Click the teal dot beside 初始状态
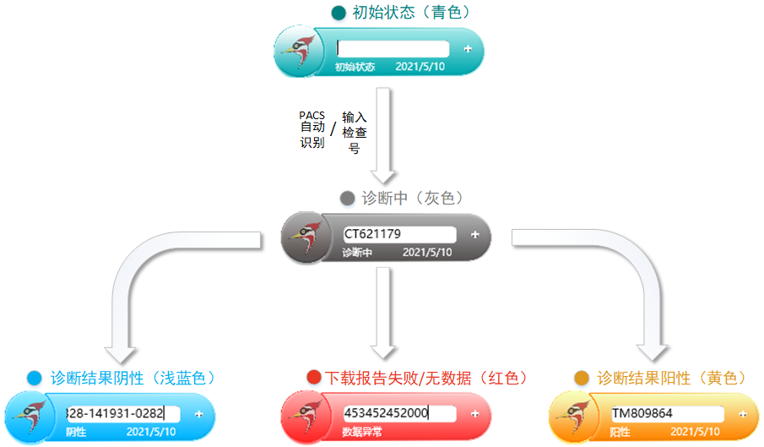pyautogui.click(x=339, y=13)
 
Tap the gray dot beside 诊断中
pyautogui.click(x=347, y=199)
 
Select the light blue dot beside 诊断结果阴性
pyautogui.click(x=34, y=378)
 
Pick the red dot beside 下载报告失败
pyautogui.click(x=314, y=378)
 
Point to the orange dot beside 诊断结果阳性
pyautogui.click(x=581, y=378)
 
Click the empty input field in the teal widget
pyautogui.click(x=393, y=49)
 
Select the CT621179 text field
pyautogui.click(x=398, y=234)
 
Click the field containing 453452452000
pyautogui.click(x=399, y=413)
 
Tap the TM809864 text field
pyautogui.click(x=667, y=414)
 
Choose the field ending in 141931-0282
pyautogui.click(x=123, y=413)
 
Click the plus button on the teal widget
pyautogui.click(x=468, y=49)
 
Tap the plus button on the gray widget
pyautogui.click(x=474, y=234)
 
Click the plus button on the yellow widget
pyautogui.click(x=742, y=414)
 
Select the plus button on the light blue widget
pyautogui.click(x=198, y=413)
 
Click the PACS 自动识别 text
pyautogui.click(x=312, y=128)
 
